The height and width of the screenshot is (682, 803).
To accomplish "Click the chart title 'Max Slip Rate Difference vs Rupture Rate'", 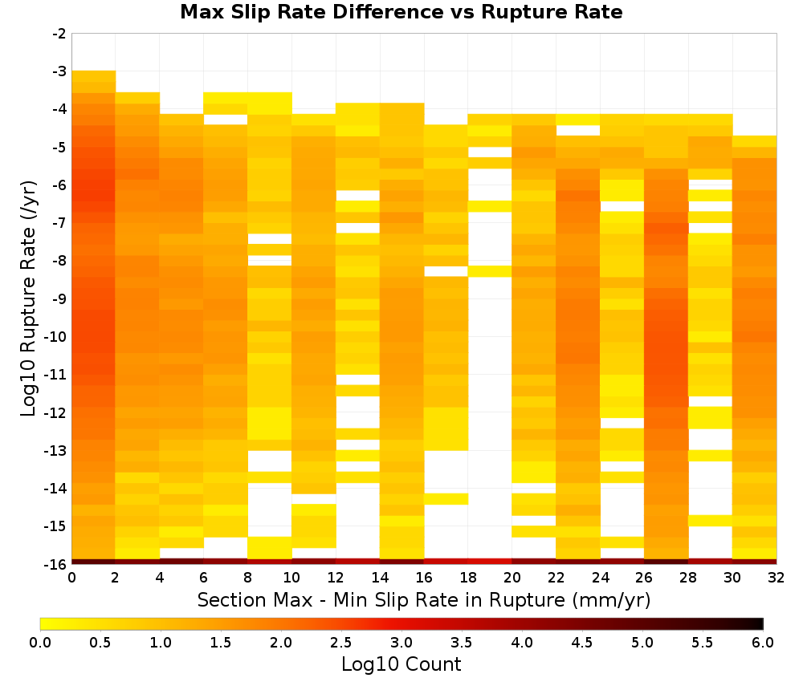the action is pos(401,12).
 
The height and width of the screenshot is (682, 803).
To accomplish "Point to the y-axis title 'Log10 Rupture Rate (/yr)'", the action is pos(28,298).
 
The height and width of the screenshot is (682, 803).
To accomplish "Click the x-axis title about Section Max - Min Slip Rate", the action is pos(423,599).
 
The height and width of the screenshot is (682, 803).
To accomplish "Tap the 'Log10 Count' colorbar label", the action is pos(401,664).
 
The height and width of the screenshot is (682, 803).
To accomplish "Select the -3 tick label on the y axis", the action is pos(59,71).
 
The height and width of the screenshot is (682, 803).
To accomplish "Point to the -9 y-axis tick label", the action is pos(59,298).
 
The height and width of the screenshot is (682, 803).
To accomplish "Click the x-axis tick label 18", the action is pos(468,578).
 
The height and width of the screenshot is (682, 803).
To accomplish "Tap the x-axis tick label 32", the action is pos(777,578).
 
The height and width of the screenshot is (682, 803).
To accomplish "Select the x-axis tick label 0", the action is pos(71,578).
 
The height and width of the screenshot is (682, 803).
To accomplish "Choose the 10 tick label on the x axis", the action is pos(291,578).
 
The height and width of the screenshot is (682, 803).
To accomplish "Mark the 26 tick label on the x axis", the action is pos(644,578).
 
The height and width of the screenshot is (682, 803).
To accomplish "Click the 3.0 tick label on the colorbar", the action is pos(401,643).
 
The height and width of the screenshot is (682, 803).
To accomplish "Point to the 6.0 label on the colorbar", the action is pos(763,643).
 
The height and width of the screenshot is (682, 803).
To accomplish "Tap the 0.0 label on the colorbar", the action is pos(40,643).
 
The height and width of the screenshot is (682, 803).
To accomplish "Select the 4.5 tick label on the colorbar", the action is pos(582,643).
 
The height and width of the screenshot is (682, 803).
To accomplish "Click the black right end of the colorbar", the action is pos(762,623).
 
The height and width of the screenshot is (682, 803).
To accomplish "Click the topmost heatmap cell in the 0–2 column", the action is pos(94,76).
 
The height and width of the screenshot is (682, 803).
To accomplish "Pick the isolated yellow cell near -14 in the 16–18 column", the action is pos(446,499).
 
